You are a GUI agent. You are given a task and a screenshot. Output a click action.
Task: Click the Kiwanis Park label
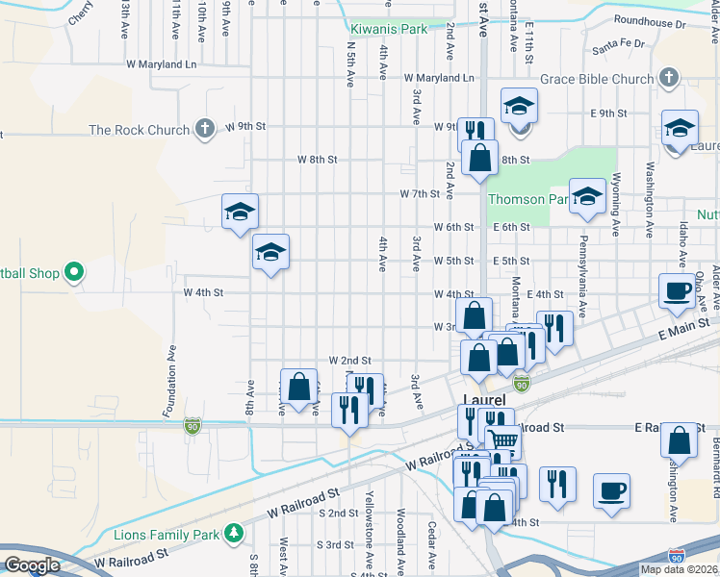(x=388, y=30)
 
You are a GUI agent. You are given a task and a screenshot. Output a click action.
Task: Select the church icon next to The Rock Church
(x=203, y=129)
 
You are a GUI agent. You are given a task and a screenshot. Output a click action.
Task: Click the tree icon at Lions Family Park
(x=232, y=532)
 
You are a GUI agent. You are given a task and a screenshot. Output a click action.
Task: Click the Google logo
(x=32, y=565)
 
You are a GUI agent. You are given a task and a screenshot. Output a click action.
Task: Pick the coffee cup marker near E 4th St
(x=677, y=290)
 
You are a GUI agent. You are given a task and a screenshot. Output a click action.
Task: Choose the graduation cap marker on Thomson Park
(x=586, y=196)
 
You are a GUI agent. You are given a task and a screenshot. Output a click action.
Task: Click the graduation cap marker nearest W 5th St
(x=271, y=253)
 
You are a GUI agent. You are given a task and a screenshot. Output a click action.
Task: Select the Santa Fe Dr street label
(x=619, y=43)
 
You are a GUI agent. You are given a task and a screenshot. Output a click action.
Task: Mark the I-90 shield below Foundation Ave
(x=193, y=423)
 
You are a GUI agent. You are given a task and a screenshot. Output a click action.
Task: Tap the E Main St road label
(x=683, y=330)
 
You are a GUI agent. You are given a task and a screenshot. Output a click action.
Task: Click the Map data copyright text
(x=678, y=569)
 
